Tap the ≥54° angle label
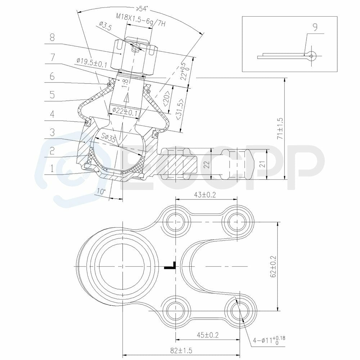click(142, 9)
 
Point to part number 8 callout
click(52, 37)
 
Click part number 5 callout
click(52, 95)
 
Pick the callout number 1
click(52, 169)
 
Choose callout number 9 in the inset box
click(315, 27)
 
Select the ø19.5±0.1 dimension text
click(92, 62)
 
